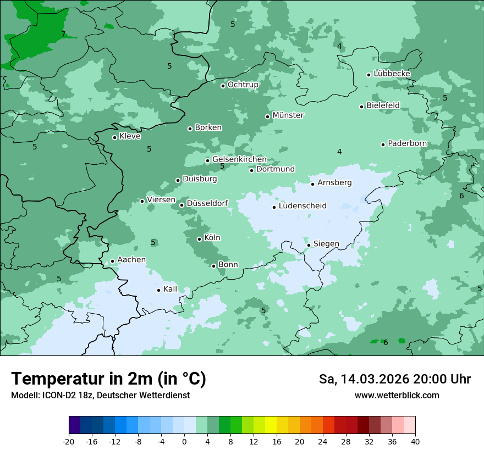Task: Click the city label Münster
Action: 288,115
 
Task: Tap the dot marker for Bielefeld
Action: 362,107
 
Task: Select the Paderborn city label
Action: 408,143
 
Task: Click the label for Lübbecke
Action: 392,74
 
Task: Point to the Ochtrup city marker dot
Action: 223,86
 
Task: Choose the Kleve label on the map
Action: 130,136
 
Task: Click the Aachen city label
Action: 131,260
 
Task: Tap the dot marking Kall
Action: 159,290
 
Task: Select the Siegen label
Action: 326,244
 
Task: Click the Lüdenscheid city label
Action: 302,206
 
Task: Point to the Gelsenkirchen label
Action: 239,159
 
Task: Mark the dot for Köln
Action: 200,239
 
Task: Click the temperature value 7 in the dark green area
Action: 63,34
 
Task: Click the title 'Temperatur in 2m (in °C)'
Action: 108,379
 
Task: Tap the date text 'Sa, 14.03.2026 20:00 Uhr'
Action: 394,379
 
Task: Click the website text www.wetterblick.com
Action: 397,396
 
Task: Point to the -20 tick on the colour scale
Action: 69,441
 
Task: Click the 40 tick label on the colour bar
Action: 415,441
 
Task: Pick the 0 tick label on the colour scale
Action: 184,441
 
